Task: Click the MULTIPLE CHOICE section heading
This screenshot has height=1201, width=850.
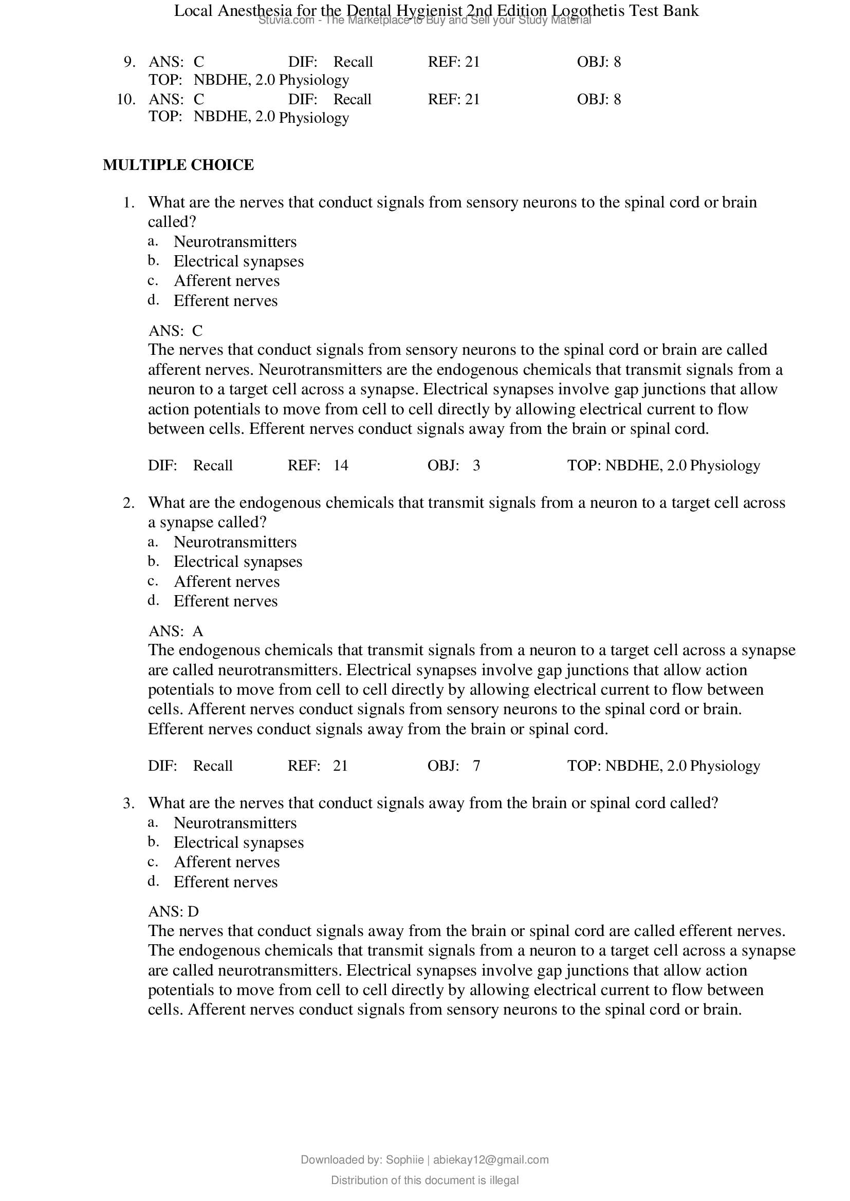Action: [178, 165]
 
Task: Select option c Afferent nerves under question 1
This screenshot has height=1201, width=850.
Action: [226, 281]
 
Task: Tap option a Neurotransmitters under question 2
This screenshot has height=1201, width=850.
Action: [234, 542]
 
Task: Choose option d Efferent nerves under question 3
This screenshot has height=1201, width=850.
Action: [225, 882]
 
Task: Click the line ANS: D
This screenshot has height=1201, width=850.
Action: [173, 912]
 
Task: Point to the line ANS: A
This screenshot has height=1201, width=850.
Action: [175, 632]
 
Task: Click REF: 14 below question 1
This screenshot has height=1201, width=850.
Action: [318, 466]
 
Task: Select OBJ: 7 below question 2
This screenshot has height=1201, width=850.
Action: [453, 766]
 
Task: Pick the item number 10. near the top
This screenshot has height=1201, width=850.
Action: [126, 100]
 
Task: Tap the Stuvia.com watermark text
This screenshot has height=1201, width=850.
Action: [285, 21]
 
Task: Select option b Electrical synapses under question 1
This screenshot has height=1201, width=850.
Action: [238, 261]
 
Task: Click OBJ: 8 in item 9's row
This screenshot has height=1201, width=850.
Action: [599, 62]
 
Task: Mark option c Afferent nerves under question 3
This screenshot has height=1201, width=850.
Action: [226, 862]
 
